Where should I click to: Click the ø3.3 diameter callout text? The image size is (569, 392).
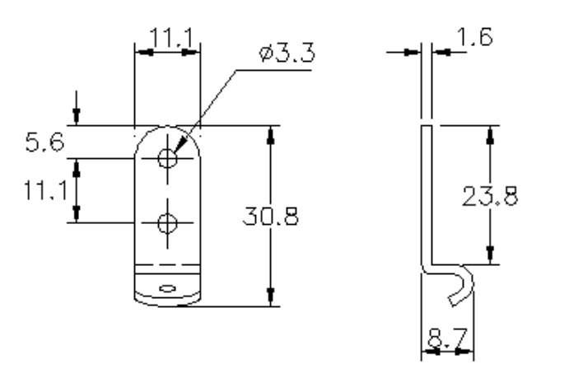coord(285,55)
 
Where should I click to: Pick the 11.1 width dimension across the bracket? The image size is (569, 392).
coord(167,36)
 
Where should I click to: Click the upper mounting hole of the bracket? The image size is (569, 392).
coord(167,158)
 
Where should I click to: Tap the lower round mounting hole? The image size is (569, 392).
coord(167,222)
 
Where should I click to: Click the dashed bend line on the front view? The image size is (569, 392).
coord(167,265)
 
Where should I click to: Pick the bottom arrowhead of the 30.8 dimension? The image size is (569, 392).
coord(270,298)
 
